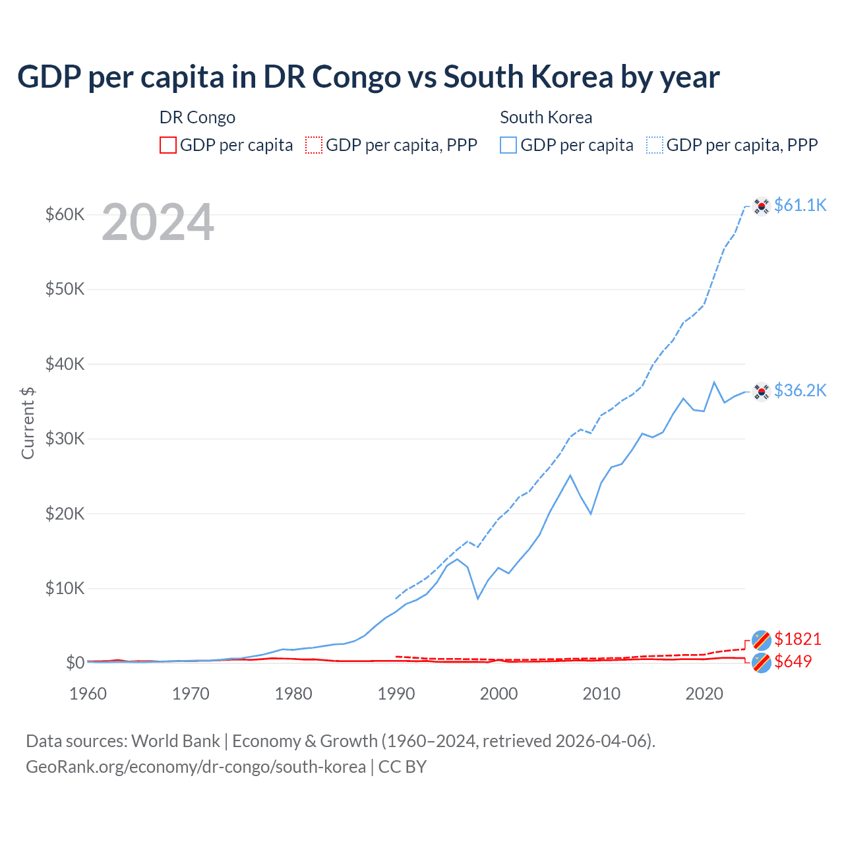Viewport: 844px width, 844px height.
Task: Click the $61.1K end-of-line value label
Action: click(800, 206)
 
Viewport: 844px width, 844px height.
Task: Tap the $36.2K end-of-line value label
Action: click(800, 391)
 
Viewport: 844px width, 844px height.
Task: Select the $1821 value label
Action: click(797, 639)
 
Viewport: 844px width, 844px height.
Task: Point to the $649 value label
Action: click(793, 661)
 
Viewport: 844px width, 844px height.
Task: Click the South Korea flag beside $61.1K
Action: click(762, 206)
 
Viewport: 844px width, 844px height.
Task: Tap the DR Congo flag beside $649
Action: click(762, 663)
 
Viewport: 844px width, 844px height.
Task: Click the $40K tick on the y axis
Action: click(65, 364)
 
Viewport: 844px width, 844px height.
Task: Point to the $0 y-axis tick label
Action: click(75, 663)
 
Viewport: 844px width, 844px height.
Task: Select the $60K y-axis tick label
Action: click(65, 215)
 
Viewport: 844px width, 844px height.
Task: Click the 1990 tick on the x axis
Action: click(396, 694)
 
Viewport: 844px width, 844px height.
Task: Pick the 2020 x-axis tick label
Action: click(704, 694)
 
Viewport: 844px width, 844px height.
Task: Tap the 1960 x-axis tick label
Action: click(88, 694)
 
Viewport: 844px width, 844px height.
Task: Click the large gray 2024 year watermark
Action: click(158, 223)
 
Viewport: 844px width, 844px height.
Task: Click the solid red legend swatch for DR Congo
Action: click(168, 145)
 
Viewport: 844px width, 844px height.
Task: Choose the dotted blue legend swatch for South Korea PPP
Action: click(655, 145)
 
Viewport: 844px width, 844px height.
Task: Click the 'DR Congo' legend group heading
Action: click(197, 117)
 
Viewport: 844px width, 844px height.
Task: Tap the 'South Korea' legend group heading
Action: click(546, 117)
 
